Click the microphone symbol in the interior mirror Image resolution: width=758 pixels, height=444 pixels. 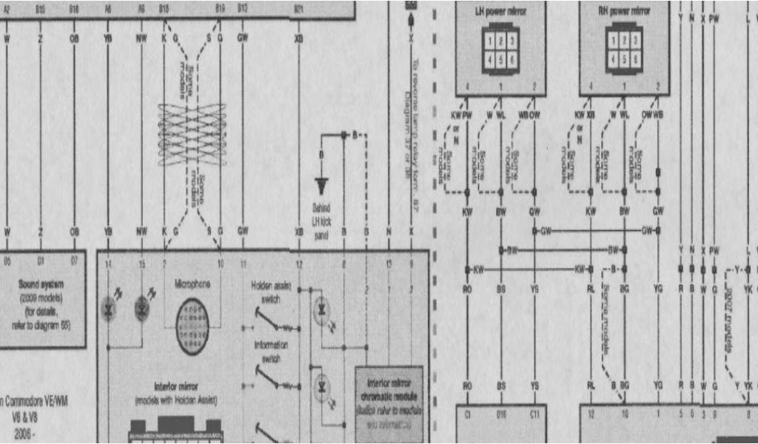[192, 326]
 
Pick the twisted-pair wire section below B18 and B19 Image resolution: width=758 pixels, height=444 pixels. [192, 134]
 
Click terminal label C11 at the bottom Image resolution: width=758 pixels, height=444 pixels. [534, 416]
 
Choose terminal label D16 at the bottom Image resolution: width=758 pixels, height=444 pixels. [501, 416]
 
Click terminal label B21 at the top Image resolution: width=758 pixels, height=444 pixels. [298, 9]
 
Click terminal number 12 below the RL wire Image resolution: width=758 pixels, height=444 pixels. [591, 416]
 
